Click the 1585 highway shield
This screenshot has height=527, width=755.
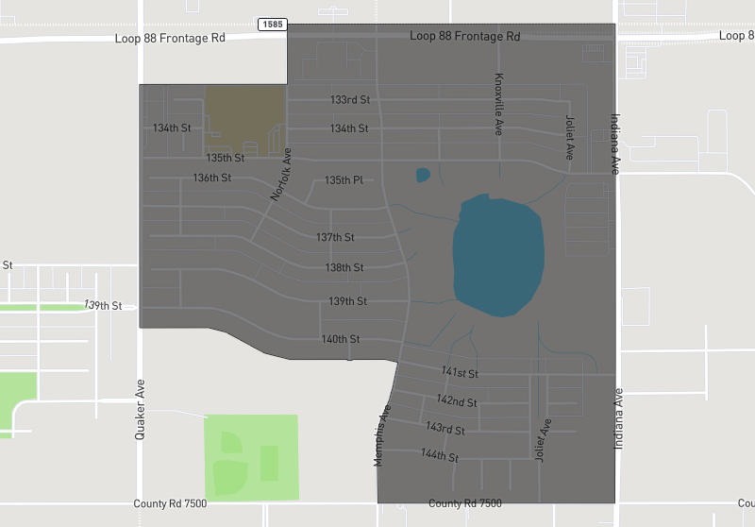272,23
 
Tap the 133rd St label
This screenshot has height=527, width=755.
349,99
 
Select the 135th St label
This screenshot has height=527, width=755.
226,158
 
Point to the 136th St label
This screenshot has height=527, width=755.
212,178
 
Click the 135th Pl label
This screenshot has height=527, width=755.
344,180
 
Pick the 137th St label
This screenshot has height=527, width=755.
335,237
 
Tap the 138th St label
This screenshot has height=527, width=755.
344,268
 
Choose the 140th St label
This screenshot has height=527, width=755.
341,339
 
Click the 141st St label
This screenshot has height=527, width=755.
460,374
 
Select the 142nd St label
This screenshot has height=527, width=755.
457,401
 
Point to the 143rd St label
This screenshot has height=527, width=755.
445,429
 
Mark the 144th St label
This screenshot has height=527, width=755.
439,456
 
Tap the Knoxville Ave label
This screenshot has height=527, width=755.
499,104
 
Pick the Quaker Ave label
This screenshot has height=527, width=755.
141,401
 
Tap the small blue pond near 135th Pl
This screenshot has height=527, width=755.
423,175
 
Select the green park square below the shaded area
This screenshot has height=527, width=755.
251,456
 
